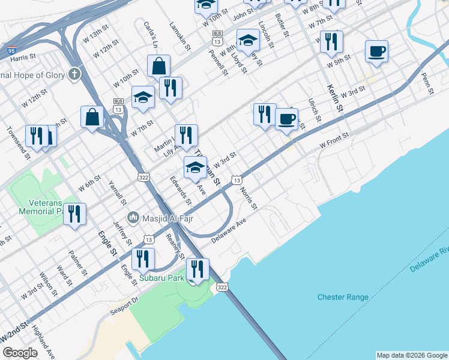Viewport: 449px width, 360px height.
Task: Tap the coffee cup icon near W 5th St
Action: (376, 52)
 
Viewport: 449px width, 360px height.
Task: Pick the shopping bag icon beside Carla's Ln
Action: (159, 67)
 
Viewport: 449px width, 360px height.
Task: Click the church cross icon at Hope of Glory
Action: (74, 74)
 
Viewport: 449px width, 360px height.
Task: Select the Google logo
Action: (20, 353)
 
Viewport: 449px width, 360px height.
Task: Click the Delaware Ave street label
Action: (229, 230)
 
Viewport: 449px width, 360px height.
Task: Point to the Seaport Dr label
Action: (124, 306)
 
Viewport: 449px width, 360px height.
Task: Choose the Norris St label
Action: (247, 199)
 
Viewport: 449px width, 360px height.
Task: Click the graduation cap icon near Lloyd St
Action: (248, 41)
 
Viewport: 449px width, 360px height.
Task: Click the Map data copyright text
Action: (412, 355)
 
